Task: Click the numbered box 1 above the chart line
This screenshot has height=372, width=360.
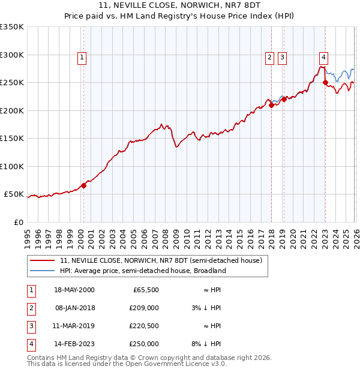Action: coord(82,58)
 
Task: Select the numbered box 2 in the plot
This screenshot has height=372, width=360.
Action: coord(269,58)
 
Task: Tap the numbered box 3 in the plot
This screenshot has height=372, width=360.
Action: coord(281,58)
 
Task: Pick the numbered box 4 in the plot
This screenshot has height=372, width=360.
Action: coord(323,58)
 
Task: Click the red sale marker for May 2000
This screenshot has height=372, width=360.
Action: coord(83,185)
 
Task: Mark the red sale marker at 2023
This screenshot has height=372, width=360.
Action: coord(325,83)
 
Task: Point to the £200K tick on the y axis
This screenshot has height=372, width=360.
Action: coord(12,110)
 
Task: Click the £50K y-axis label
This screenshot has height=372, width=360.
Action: coord(14,194)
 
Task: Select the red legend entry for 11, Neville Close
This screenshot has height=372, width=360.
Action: coord(161,261)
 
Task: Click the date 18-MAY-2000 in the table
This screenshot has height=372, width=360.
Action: coord(74,290)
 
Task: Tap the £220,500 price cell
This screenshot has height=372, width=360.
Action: coord(144,326)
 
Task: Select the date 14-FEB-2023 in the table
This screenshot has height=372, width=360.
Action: coord(74,344)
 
